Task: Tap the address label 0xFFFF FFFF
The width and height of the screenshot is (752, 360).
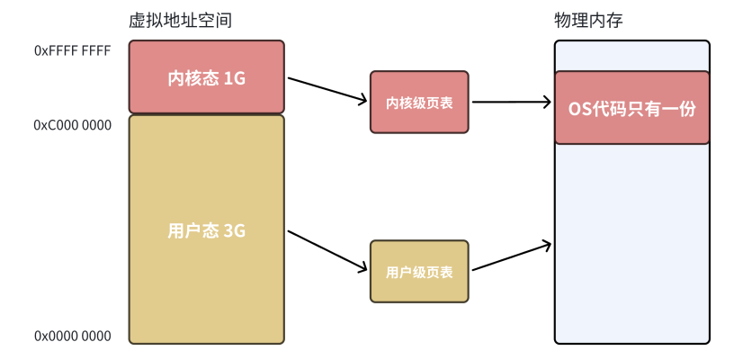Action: coord(72,51)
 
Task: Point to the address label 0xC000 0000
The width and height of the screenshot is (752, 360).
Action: coord(72,125)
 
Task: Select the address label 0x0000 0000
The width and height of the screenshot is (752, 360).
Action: coord(72,336)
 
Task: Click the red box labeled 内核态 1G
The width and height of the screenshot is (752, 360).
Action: coord(206,77)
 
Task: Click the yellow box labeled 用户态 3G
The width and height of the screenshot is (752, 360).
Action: coord(206,229)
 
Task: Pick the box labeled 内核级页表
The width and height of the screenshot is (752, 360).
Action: coord(419,103)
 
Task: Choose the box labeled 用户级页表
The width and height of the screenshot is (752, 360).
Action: coord(419,271)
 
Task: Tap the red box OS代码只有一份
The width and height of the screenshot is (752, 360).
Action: coord(631,108)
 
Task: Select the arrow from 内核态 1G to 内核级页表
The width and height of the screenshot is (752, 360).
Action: coord(327,89)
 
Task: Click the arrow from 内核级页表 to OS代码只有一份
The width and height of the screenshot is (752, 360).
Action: coord(511,103)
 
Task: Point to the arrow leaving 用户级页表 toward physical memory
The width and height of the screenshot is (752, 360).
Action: coord(511,256)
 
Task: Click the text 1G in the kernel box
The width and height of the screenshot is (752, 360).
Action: coord(234,78)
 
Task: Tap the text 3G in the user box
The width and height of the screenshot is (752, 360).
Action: coord(234,230)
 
